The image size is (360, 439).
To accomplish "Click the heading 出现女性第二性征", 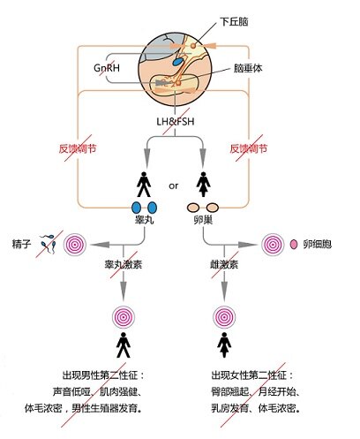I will click(x=256, y=375).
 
